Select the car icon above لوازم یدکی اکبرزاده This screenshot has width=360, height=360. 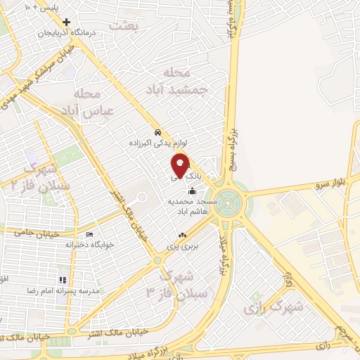(x=158, y=132)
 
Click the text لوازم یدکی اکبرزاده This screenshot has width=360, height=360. (x=157, y=143)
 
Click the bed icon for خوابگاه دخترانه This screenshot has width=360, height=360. (x=89, y=235)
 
